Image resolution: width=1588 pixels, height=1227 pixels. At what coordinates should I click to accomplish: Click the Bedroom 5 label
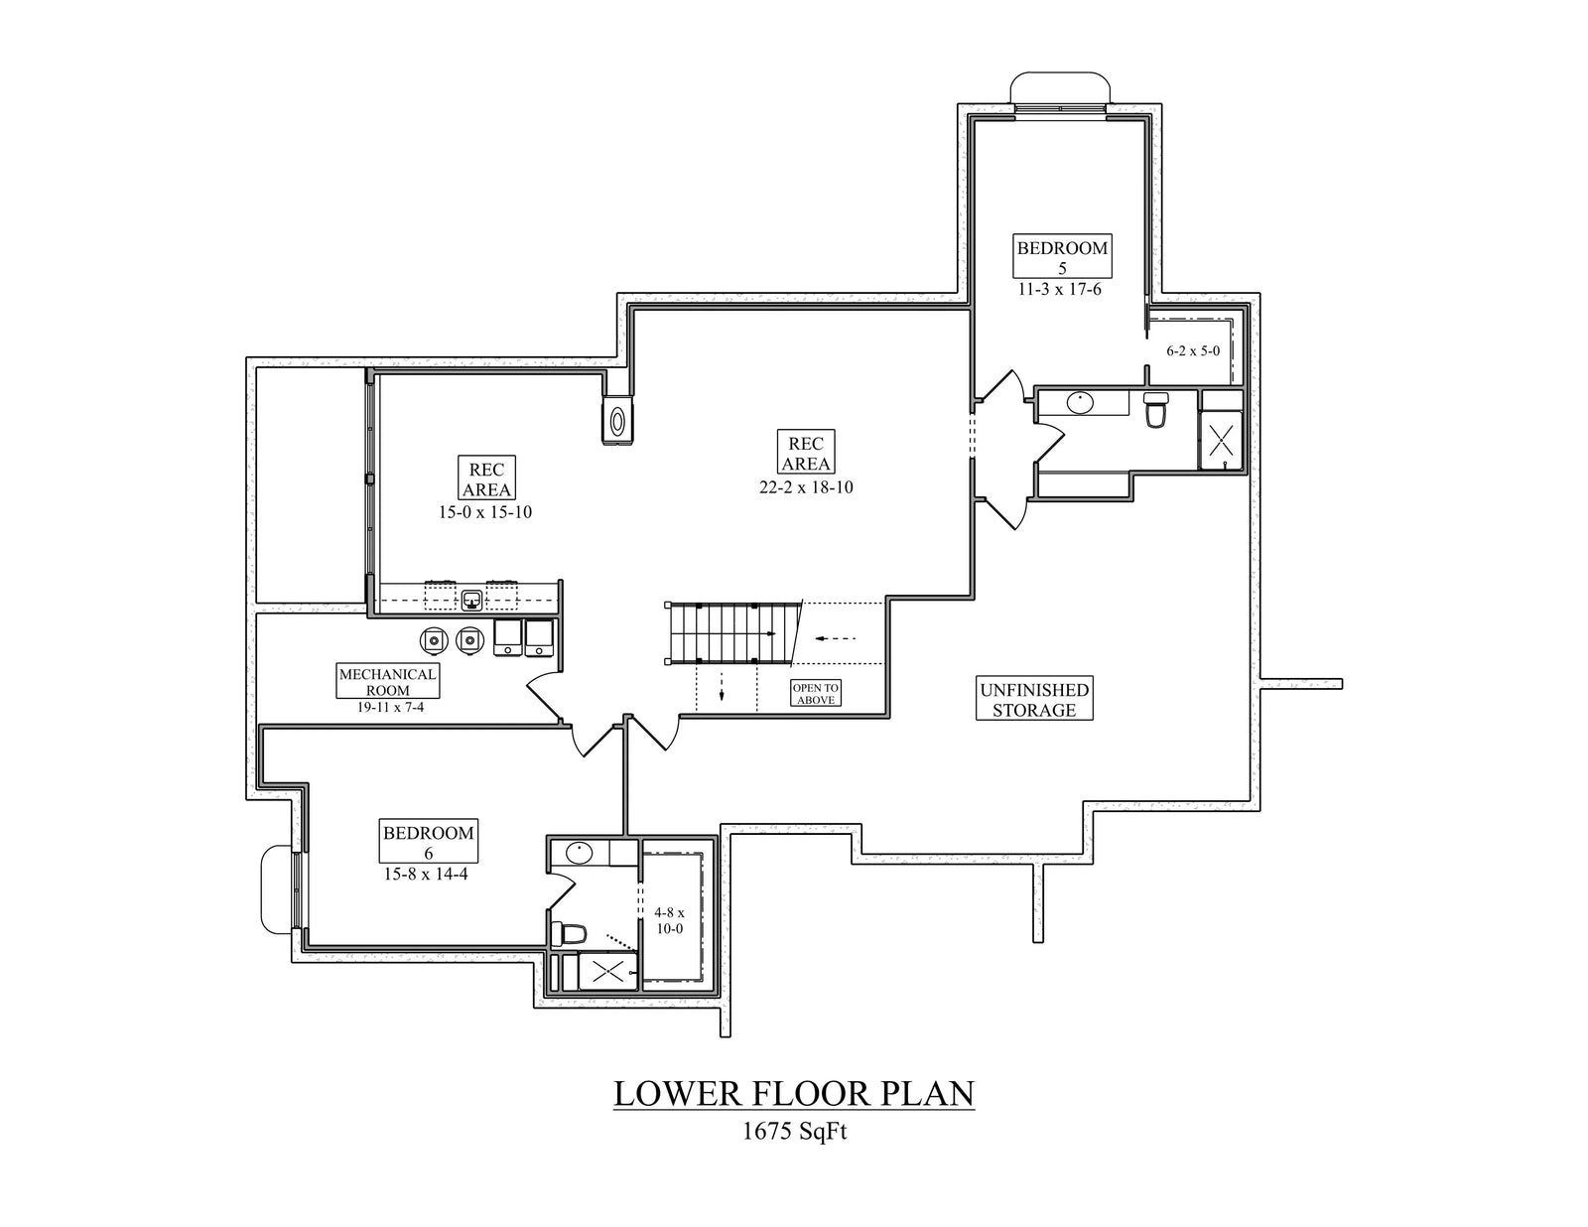coord(1062,256)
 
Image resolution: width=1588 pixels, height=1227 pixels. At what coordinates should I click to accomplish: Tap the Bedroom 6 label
coord(429,842)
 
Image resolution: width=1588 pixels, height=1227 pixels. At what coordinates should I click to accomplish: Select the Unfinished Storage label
coord(1034,700)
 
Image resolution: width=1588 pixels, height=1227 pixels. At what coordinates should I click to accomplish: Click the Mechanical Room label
coord(387,681)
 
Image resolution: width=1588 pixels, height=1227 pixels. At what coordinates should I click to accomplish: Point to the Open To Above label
coord(816,693)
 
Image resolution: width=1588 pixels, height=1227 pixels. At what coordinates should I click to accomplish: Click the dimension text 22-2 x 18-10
coord(805,487)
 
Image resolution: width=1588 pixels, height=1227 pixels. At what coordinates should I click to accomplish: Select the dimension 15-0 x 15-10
coord(486,513)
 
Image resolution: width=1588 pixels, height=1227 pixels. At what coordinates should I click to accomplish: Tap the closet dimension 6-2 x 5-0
coord(1193,350)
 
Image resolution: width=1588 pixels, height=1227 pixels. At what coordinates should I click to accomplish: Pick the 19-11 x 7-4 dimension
coord(391,708)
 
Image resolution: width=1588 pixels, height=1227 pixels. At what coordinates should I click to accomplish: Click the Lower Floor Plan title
coord(794,1093)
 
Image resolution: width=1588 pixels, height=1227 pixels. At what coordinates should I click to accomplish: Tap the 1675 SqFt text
coord(794,1132)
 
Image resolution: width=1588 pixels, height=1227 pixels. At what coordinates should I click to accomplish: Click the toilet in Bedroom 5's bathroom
coord(1155,409)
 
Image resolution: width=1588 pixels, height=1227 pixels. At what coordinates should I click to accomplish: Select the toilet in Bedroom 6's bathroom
coord(573,934)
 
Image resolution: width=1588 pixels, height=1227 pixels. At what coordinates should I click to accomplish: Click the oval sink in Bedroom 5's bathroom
coord(1080,403)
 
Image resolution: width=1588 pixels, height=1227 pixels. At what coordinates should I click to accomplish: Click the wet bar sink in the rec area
coord(471,599)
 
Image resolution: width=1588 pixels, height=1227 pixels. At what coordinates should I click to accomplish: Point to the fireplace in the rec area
coord(618,422)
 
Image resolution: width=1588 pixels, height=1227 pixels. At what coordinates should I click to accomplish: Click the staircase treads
coord(729,632)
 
